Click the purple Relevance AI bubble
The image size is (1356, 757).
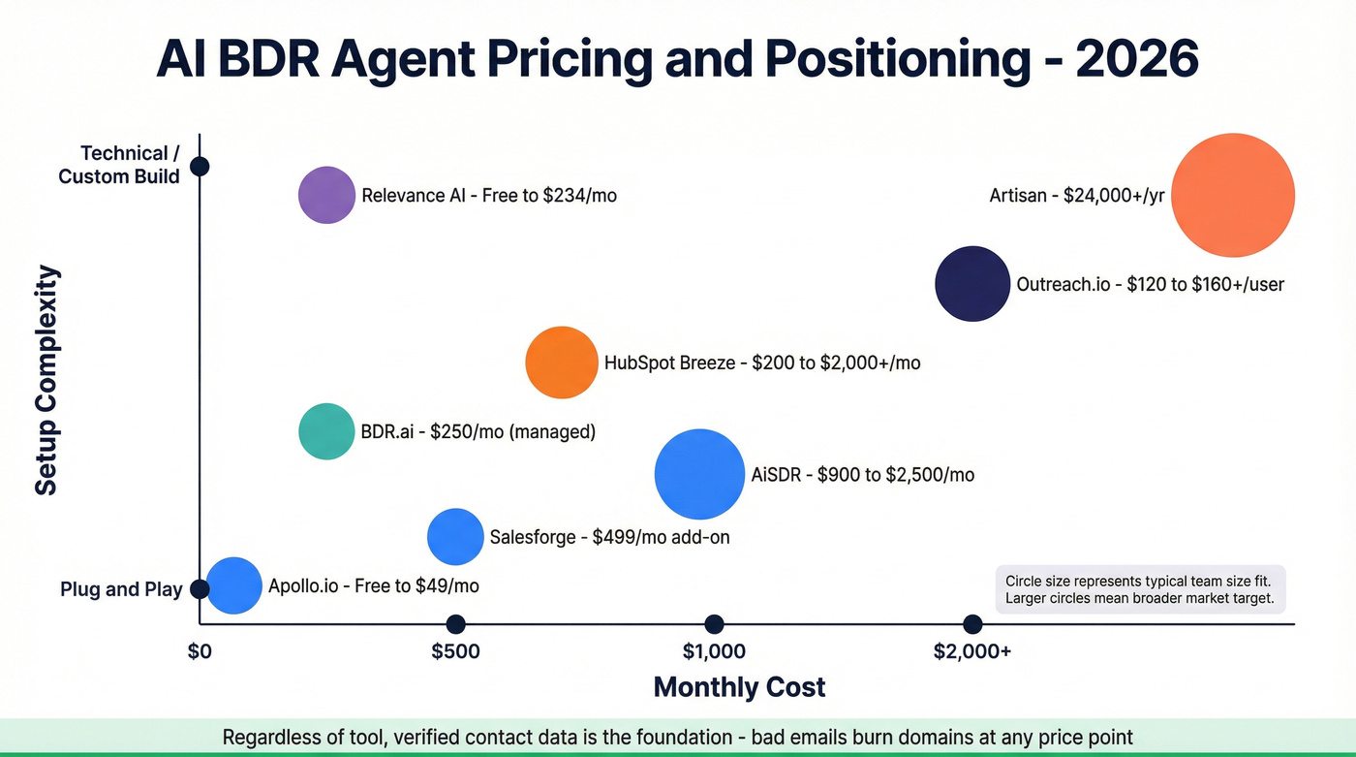[x=326, y=195]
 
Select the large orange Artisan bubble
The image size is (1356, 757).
[x=1233, y=195]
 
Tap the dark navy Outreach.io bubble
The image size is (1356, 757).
[x=972, y=283]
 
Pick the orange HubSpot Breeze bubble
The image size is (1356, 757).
[x=562, y=363]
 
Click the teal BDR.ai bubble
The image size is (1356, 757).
[x=326, y=431]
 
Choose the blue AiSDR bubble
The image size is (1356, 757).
[x=699, y=474]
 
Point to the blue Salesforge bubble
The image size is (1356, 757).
[x=455, y=536]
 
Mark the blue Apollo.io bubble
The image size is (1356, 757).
[x=234, y=585]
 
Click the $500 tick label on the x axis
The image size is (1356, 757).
[x=455, y=651]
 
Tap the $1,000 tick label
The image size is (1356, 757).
[x=714, y=651]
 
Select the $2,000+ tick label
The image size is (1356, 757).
[x=972, y=651]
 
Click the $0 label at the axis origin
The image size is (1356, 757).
[x=199, y=651]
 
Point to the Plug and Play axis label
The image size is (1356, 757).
[x=121, y=589]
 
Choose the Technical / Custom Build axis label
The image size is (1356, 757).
[x=119, y=165]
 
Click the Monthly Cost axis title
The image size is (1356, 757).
[x=739, y=687]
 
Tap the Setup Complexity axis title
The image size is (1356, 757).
[x=46, y=380]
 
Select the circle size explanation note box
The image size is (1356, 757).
[x=1140, y=589]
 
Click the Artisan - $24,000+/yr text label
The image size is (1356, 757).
[x=1076, y=196]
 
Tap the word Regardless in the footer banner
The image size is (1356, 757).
[x=268, y=737]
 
